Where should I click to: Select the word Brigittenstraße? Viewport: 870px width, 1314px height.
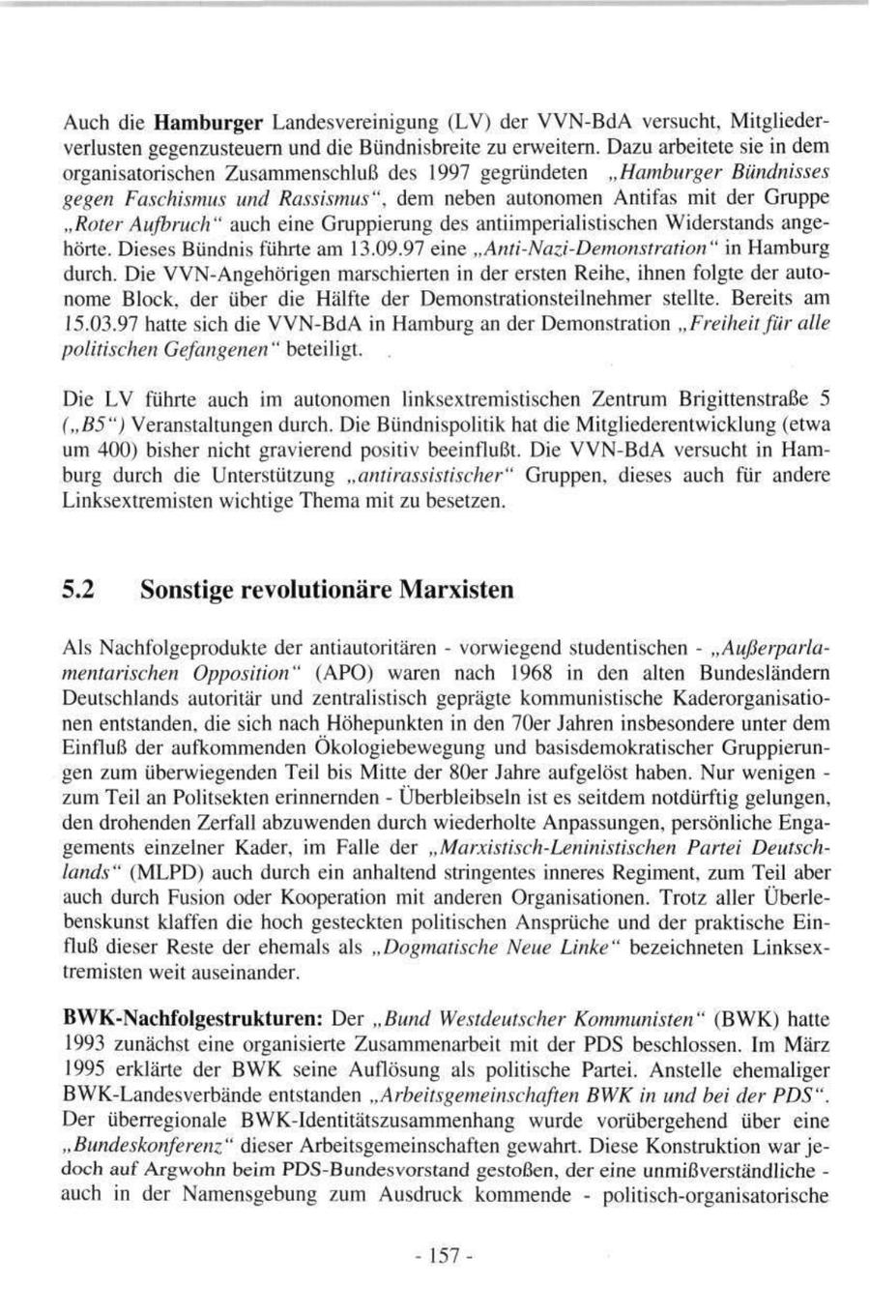(737, 398)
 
